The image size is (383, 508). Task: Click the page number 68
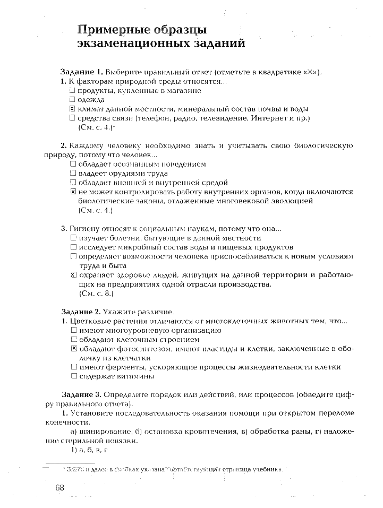[x=58, y=488]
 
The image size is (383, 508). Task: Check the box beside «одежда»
[x=73, y=99]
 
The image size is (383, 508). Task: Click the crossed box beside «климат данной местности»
[x=73, y=108]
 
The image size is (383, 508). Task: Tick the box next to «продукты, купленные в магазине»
[x=73, y=91]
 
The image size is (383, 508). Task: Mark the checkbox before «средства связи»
[x=73, y=118]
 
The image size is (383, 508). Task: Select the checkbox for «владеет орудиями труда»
[x=73, y=173]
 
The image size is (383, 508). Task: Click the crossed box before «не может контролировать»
[x=73, y=192]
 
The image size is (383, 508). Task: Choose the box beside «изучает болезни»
[x=73, y=238]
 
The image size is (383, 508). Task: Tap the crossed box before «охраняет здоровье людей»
[x=73, y=275]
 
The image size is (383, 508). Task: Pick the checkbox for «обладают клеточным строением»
[x=74, y=339]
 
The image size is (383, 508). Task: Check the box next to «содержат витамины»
[x=74, y=376]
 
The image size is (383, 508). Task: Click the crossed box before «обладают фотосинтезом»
[x=74, y=348]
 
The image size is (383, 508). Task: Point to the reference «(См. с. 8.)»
[x=96, y=293]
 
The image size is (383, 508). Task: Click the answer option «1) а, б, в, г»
[x=90, y=450]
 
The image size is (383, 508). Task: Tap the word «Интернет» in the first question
[x=267, y=118]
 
